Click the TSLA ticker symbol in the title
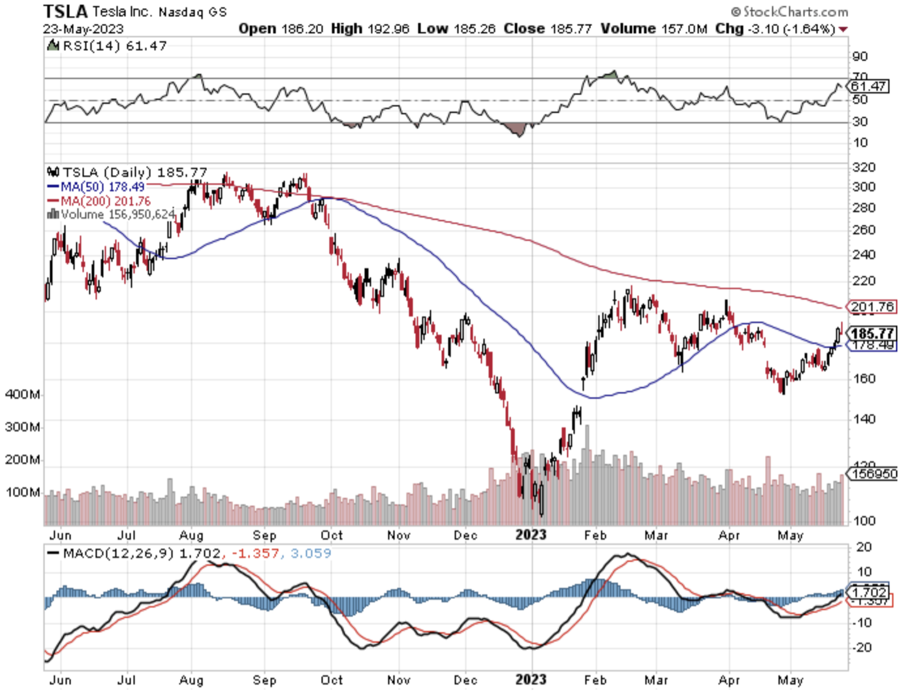point(65,11)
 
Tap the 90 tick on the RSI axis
point(859,56)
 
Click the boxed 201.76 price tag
point(872,307)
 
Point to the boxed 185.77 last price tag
point(872,333)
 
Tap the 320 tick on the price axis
point(864,167)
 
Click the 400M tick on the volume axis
point(23,394)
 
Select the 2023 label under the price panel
point(530,535)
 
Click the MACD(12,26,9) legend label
point(118,553)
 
